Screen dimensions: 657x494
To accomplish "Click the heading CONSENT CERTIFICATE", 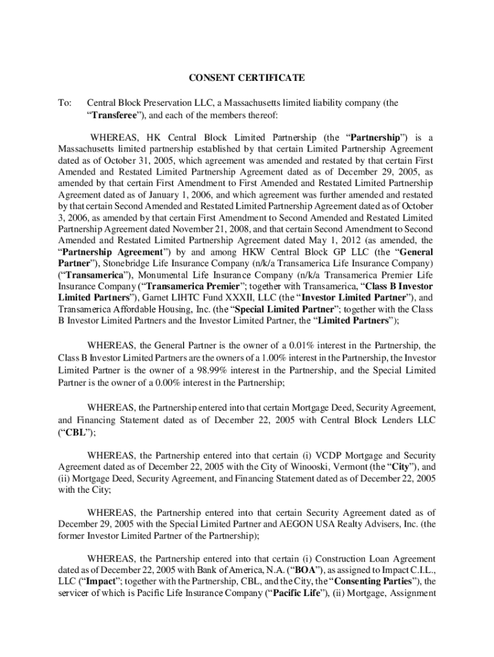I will tap(246, 78).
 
